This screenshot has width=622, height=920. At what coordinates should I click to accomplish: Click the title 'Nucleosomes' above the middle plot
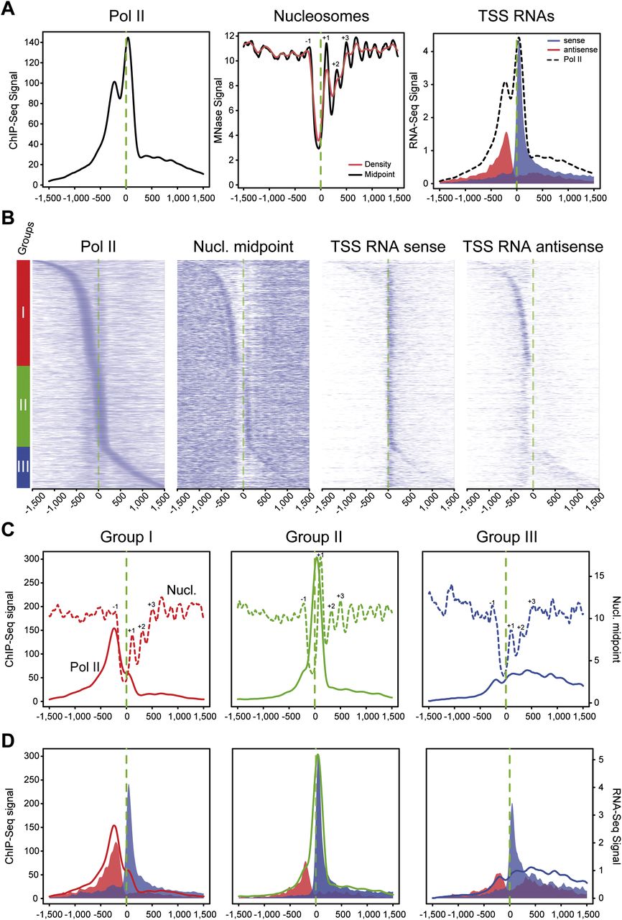(x=320, y=17)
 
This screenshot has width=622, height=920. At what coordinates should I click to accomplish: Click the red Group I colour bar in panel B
(x=23, y=313)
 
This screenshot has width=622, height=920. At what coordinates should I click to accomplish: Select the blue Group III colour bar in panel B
(x=23, y=466)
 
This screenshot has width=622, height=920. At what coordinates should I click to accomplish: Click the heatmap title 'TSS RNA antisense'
(x=532, y=247)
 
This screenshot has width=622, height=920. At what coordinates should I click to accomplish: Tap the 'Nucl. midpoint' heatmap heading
(x=243, y=247)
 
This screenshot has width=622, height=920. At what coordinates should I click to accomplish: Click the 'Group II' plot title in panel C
(x=315, y=536)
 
